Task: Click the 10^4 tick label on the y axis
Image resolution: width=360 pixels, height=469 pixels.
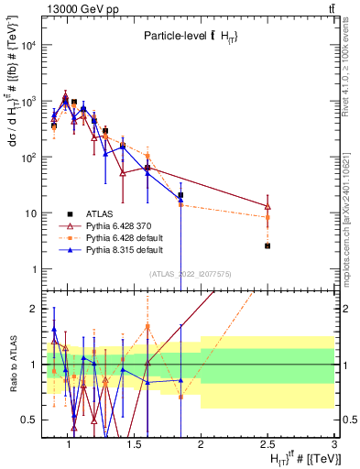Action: [26, 45]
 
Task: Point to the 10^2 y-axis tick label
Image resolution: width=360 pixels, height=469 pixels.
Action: [26, 158]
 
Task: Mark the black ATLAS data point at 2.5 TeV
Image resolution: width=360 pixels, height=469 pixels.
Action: [267, 245]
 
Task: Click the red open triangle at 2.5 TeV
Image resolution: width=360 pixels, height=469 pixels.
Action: [267, 207]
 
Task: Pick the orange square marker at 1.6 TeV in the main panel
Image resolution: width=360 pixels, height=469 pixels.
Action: [147, 156]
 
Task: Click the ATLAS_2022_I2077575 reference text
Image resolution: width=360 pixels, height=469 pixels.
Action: [191, 273]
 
